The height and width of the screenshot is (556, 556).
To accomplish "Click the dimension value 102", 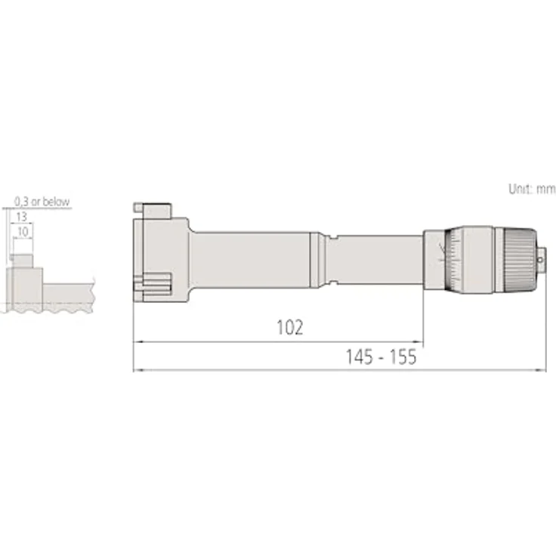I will [289, 328].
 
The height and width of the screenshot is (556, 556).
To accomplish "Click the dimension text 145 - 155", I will [381, 357].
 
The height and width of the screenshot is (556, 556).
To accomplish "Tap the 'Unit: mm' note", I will [532, 188].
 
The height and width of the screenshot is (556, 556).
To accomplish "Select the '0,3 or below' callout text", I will [42, 202].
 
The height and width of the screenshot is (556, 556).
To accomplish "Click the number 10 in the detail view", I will [25, 232].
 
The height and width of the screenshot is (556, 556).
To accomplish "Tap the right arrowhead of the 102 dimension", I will [419, 341].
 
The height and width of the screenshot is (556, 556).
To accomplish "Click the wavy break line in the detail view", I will [49, 308].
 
